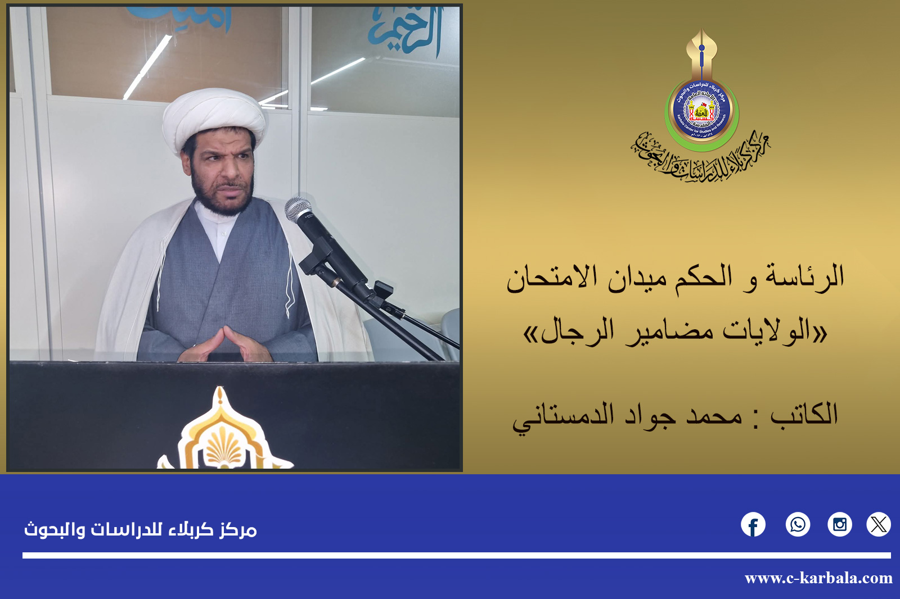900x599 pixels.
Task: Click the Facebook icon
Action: [753, 525]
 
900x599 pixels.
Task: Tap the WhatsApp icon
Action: [798, 525]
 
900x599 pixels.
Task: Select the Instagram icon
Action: [839, 525]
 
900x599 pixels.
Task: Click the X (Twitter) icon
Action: [878, 525]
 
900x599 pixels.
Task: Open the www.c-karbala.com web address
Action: [818, 578]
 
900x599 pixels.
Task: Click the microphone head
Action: [298, 210]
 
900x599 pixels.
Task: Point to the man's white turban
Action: [214, 118]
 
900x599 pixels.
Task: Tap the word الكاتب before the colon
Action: [804, 415]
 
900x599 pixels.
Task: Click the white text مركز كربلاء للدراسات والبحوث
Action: [140, 529]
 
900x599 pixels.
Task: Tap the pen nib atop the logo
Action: [701, 48]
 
